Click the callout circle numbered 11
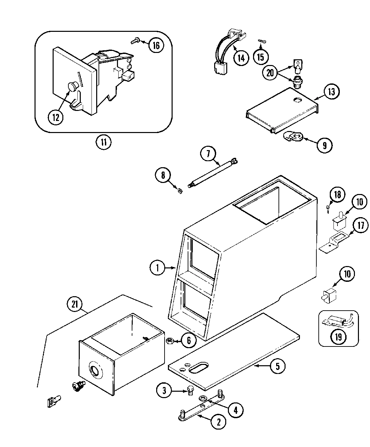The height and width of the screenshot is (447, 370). click(104, 142)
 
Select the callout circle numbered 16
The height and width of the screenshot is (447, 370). click(156, 45)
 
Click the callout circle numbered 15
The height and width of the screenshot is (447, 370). click(260, 57)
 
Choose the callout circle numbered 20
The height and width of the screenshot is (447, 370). click(270, 73)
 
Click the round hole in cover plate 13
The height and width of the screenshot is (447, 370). click(297, 100)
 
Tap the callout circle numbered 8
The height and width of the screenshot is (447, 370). click(163, 176)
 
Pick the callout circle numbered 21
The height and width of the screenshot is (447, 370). click(74, 304)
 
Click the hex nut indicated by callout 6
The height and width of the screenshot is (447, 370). click(170, 341)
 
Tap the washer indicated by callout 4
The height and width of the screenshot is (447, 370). click(203, 398)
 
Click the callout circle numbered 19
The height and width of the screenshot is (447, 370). click(338, 337)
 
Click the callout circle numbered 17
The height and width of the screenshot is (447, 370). click(360, 226)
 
